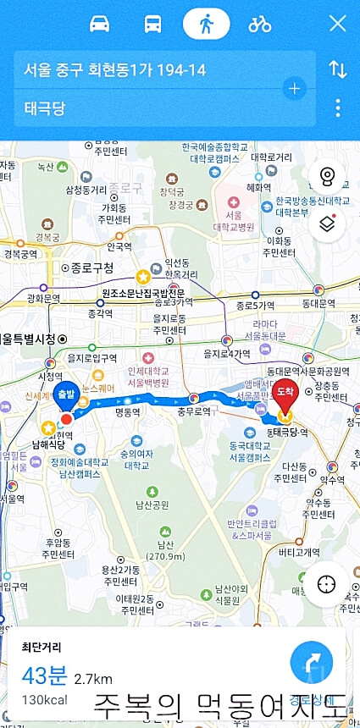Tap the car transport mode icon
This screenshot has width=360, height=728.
pos(100,24)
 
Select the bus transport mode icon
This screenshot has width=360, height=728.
pos(153,24)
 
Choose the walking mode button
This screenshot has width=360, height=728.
pos(206,24)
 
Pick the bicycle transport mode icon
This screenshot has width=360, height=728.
pos(259,24)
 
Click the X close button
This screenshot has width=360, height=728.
pos(337,24)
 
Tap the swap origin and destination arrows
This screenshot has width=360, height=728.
pos(338,69)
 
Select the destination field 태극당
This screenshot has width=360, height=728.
pos(152,108)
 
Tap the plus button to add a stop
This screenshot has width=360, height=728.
pos(294,88)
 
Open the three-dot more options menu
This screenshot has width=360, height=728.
pos(338,108)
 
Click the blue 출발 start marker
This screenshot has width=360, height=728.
pos(66,395)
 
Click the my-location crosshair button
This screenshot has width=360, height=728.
pos(327,584)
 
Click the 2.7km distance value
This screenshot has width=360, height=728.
pos(93,679)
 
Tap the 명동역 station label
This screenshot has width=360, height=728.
pos(126,413)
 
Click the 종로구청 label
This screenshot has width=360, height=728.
pos(91,268)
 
